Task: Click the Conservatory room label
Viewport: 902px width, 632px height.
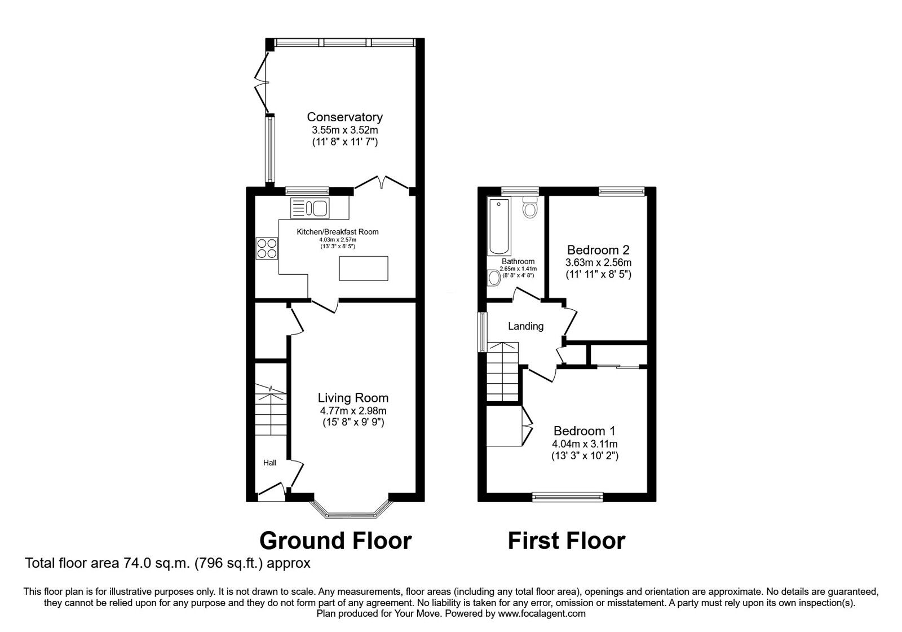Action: click(344, 117)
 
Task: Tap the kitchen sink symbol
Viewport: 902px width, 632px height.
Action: click(309, 208)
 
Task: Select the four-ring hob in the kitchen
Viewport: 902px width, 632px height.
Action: click(267, 248)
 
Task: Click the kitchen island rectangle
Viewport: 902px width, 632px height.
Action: click(364, 268)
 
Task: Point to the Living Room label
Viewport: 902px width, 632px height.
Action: click(352, 398)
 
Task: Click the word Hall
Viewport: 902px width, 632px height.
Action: click(269, 463)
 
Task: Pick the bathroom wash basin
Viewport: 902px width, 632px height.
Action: click(494, 277)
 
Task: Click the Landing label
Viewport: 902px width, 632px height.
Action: click(525, 326)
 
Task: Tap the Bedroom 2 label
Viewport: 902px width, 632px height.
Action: click(598, 249)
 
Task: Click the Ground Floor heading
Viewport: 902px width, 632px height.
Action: click(335, 541)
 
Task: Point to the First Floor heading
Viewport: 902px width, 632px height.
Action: click(566, 541)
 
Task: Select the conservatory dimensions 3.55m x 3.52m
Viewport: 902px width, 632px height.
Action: click(344, 130)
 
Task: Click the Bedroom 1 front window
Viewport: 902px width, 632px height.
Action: click(568, 497)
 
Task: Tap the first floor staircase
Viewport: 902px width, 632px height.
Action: click(502, 372)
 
